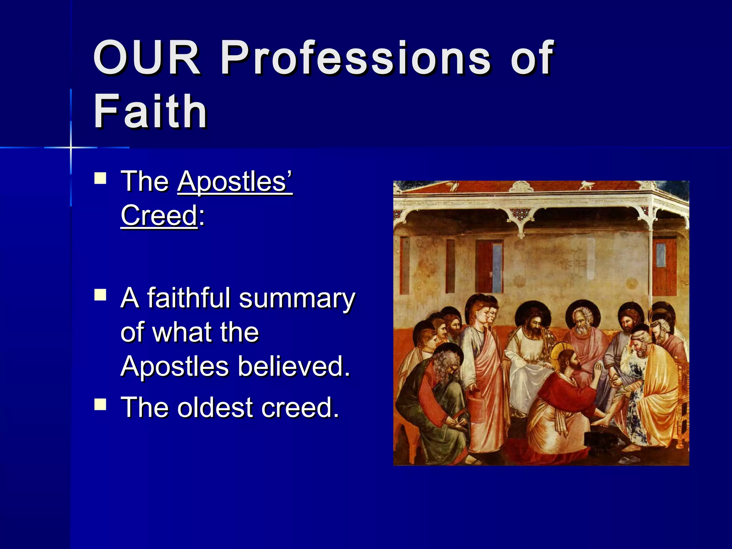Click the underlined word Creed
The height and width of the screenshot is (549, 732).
pos(159,215)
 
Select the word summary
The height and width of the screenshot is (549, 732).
pos(297,299)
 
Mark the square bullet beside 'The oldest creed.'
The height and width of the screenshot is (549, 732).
pos(100,404)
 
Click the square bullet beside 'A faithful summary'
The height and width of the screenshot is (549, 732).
pos(100,295)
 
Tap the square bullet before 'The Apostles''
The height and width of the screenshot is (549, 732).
pos(100,178)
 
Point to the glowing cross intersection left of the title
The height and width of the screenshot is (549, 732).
pos(71,147)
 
